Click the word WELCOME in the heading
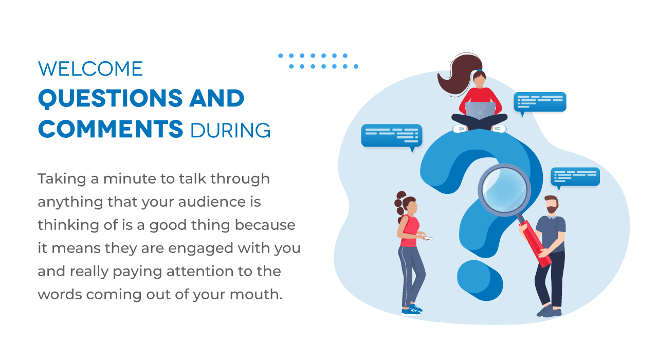tap(90, 69)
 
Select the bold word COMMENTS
tap(111, 129)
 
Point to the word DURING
tap(230, 130)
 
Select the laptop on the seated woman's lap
tap(480, 110)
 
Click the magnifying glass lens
tap(504, 190)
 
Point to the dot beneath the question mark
tap(480, 280)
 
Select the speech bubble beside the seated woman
tap(540, 103)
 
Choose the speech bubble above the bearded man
tap(575, 177)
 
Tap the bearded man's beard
tap(552, 209)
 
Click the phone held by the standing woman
tap(428, 238)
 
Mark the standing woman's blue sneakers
tap(412, 310)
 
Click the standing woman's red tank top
tap(409, 231)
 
